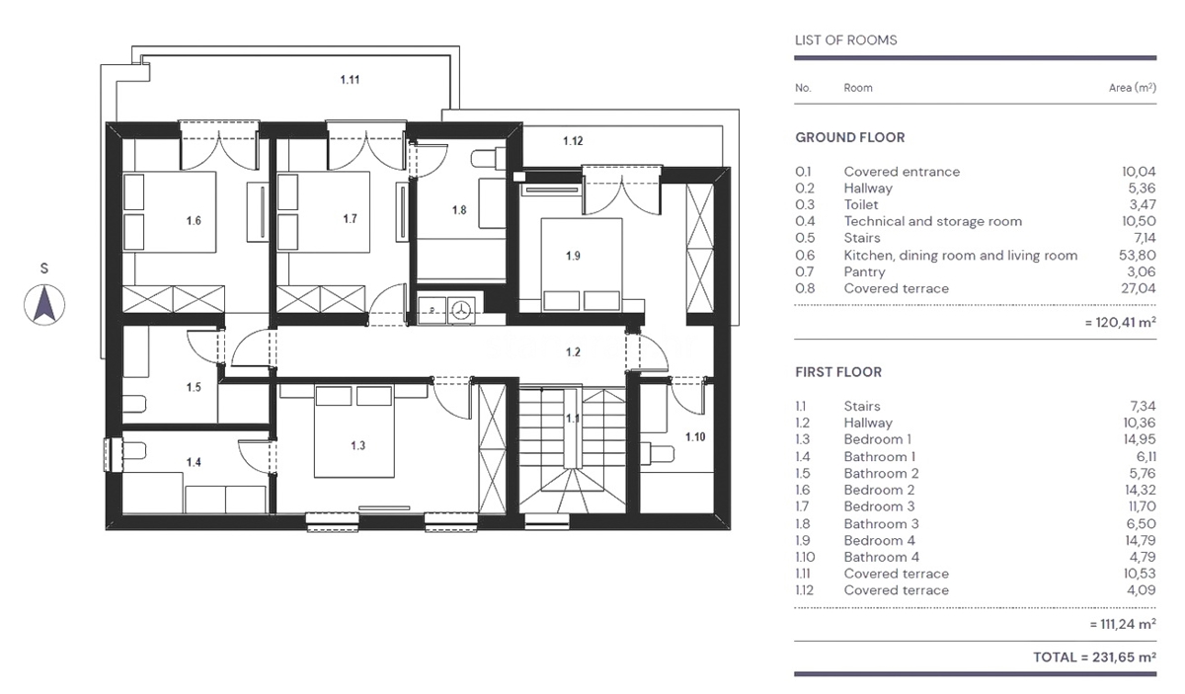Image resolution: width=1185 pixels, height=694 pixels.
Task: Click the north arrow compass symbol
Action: click(44, 305)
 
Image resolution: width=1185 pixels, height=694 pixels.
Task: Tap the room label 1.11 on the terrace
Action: click(350, 80)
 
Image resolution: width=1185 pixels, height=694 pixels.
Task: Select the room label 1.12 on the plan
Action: click(573, 141)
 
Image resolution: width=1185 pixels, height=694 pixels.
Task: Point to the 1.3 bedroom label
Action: click(358, 446)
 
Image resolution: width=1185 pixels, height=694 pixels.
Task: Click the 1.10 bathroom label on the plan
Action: click(695, 437)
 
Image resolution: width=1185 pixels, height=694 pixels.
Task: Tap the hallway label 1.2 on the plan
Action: click(573, 352)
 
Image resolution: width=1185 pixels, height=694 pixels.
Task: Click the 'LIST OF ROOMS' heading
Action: click(846, 40)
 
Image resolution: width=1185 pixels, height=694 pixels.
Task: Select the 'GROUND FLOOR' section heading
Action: click(850, 137)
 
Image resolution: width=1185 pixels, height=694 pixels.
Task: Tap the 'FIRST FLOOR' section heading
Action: click(838, 372)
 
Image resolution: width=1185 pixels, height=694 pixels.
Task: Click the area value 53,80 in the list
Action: click(1138, 256)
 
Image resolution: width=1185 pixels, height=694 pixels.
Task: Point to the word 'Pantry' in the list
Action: click(864, 272)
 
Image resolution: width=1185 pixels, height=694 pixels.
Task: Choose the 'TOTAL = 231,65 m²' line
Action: click(1094, 657)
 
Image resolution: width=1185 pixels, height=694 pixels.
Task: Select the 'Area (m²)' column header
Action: click(1133, 88)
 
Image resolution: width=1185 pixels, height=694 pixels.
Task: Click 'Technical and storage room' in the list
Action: click(932, 222)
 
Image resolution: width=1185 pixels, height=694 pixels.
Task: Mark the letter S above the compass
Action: click(44, 269)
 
